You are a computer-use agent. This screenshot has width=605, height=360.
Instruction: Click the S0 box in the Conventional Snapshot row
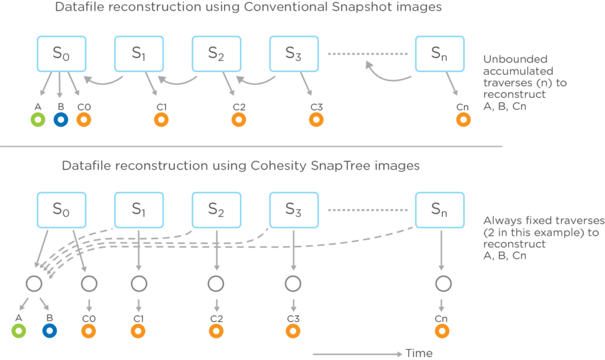click(x=61, y=54)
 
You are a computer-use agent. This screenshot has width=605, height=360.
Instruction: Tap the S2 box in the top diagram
click(x=216, y=54)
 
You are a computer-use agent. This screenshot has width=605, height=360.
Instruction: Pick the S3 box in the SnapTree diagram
click(x=294, y=209)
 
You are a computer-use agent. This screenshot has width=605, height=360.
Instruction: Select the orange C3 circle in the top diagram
click(x=316, y=120)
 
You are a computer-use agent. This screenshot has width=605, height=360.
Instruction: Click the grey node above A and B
click(x=34, y=284)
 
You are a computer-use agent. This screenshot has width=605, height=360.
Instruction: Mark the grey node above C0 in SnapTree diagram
click(x=89, y=284)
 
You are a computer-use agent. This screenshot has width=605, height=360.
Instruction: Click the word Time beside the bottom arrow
click(x=419, y=353)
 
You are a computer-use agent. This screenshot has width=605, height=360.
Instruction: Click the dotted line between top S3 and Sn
click(x=369, y=54)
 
